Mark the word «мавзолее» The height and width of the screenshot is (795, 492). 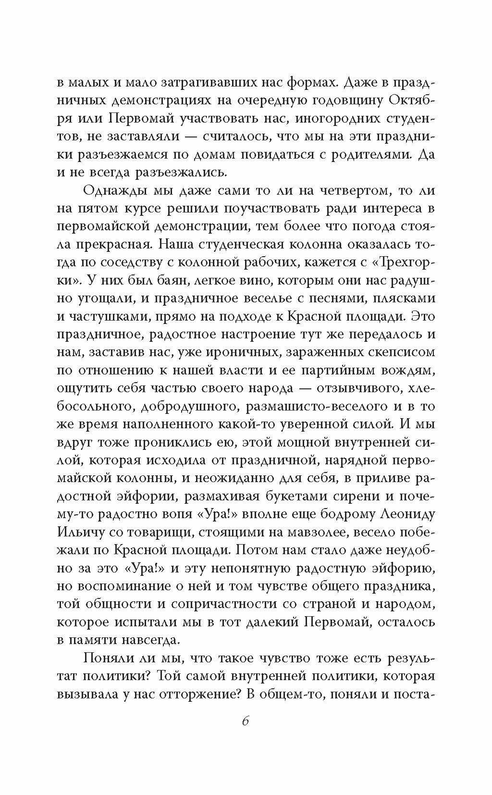319,532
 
